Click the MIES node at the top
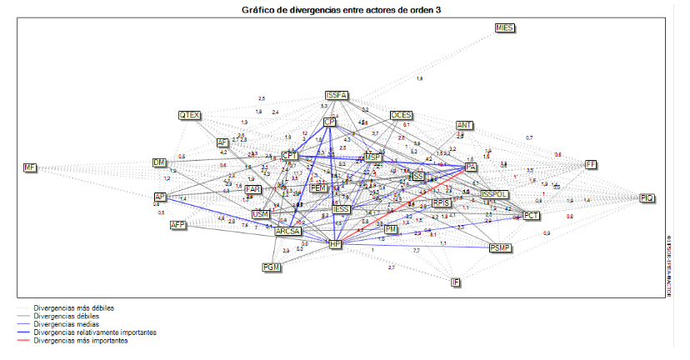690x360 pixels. click(x=504, y=27)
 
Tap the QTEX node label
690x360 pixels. click(x=189, y=115)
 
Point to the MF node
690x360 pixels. click(x=30, y=168)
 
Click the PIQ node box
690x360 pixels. click(x=647, y=197)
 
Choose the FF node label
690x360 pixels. click(x=591, y=164)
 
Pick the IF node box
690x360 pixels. click(x=455, y=282)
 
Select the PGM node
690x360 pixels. click(x=271, y=267)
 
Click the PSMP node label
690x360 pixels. click(x=501, y=247)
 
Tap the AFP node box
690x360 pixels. click(x=177, y=225)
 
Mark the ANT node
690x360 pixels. click(x=464, y=126)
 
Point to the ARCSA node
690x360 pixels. click(x=287, y=232)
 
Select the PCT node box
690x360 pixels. click(x=532, y=216)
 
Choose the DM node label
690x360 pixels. click(x=159, y=162)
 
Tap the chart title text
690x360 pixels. click(x=341, y=9)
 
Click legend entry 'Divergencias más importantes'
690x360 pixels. click(x=80, y=340)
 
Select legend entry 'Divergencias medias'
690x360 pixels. click(x=67, y=324)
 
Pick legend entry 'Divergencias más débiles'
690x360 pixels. click(x=74, y=308)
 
